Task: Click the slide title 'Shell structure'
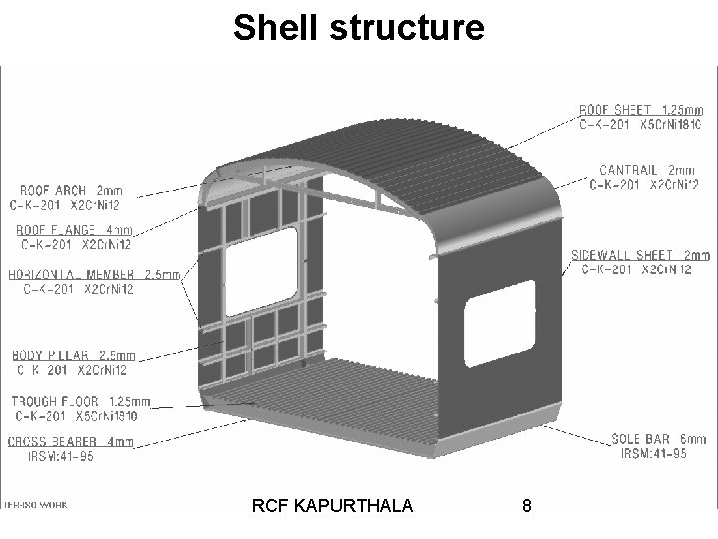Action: pyautogui.click(x=358, y=28)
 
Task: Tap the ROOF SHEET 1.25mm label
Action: pyautogui.click(x=641, y=109)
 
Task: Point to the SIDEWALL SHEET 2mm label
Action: pyautogui.click(x=641, y=255)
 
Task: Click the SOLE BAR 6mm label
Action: pyautogui.click(x=657, y=439)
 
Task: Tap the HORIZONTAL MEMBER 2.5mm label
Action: pyautogui.click(x=94, y=274)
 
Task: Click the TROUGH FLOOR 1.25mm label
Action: pyautogui.click(x=80, y=401)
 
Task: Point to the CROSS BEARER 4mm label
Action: pyautogui.click(x=70, y=442)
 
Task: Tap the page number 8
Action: pyautogui.click(x=526, y=506)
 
